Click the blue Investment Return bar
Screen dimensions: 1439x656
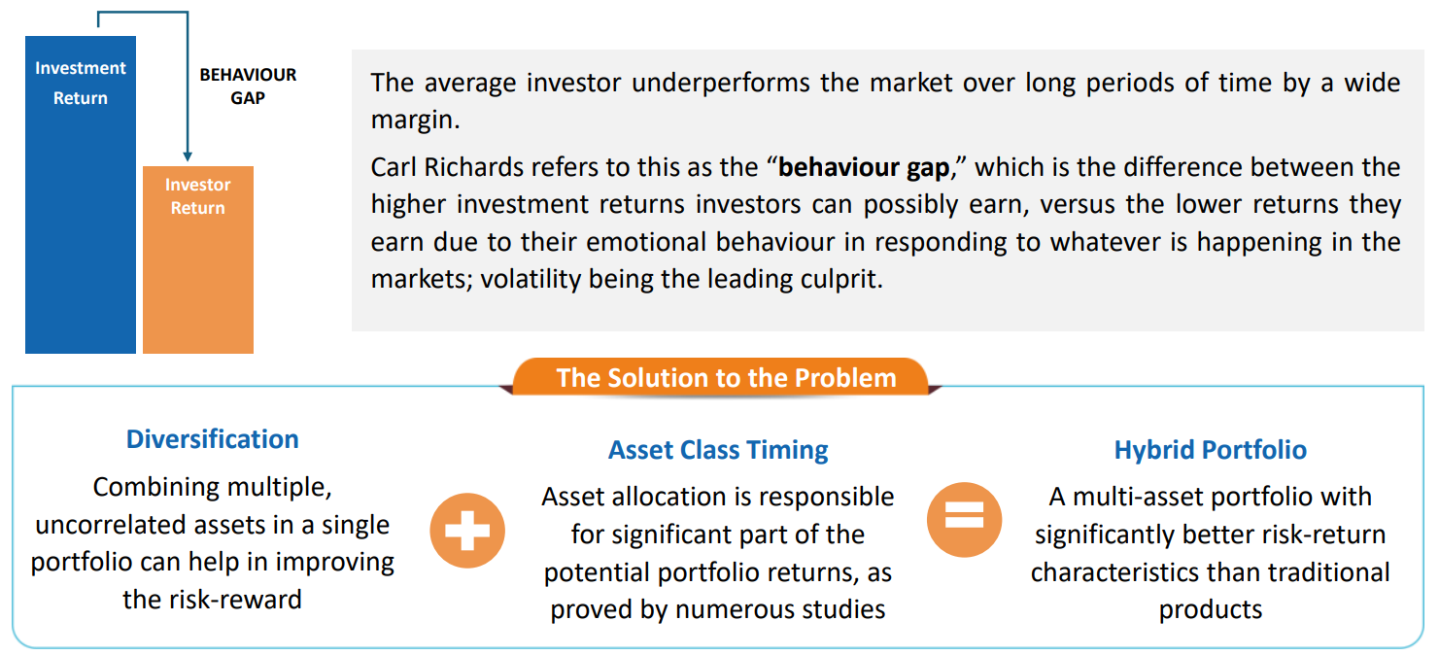(81, 194)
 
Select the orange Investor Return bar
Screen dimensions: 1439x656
(198, 259)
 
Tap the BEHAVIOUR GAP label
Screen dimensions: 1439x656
(248, 86)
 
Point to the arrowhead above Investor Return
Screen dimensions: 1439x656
(188, 156)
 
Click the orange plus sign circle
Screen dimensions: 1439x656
(467, 531)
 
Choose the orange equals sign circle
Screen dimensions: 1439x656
(964, 520)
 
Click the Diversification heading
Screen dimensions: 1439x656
(213, 439)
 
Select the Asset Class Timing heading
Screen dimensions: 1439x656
(718, 450)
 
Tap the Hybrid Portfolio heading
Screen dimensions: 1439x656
(1211, 450)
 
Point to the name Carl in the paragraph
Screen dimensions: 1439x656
(393, 167)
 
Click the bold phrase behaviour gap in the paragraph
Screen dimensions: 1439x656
(864, 168)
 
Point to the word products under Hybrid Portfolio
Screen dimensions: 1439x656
(1211, 610)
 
